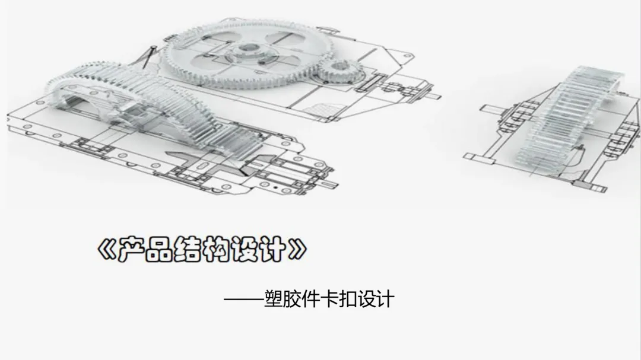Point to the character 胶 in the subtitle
point(299,298)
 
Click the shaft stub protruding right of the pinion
point(434,97)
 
